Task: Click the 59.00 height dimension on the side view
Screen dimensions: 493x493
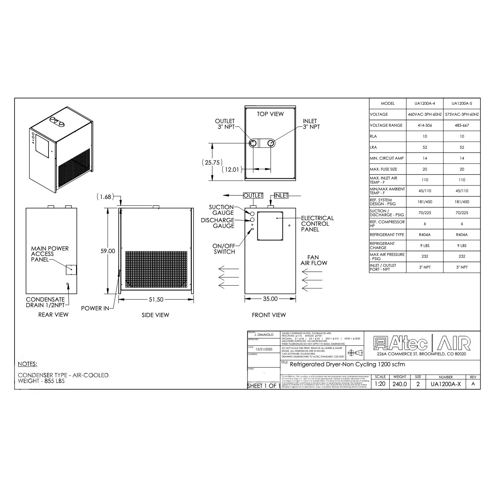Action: tap(108, 251)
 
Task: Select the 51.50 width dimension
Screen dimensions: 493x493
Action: tap(156, 299)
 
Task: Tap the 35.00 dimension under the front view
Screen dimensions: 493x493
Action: tap(270, 299)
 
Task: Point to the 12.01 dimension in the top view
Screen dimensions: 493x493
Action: tap(232, 170)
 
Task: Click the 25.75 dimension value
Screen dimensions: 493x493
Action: tap(212, 162)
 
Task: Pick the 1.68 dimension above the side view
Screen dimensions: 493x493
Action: tap(105, 197)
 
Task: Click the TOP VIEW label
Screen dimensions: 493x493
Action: tap(270, 114)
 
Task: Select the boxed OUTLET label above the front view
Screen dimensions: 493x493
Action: tap(253, 195)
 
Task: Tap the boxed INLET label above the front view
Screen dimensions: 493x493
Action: tap(281, 195)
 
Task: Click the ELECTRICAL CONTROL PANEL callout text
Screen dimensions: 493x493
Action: tap(317, 224)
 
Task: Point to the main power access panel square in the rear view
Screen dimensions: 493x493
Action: tap(71, 270)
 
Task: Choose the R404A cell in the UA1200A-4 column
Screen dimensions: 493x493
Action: tap(425, 235)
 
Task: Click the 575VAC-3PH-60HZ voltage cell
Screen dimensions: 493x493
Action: tap(462, 115)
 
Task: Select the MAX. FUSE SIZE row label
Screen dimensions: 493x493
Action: tap(384, 169)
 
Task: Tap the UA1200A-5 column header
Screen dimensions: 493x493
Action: tap(462, 104)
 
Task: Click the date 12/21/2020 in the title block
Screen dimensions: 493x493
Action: tap(264, 349)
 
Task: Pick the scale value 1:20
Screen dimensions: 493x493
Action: tap(380, 384)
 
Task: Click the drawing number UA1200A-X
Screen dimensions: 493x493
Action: tap(446, 384)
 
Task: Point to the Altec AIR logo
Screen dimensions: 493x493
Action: tap(422, 343)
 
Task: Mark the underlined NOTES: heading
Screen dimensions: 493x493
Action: tap(28, 364)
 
